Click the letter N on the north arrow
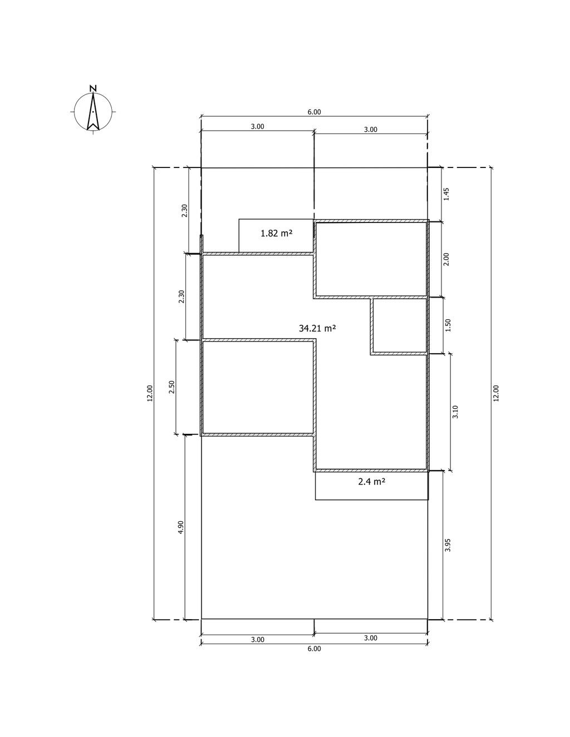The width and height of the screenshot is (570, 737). pos(93,88)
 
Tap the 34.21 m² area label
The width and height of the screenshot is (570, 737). pos(317,328)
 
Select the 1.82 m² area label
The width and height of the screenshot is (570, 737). pos(277,234)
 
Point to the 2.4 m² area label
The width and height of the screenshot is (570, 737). pos(371,482)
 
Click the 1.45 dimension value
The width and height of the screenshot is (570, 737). pos(447,194)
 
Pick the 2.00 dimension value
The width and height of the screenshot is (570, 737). pos(446,259)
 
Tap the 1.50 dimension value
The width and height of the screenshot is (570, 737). pos(448,325)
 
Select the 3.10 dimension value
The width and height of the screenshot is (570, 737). pos(455,412)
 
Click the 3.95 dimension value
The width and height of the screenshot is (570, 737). pos(448,545)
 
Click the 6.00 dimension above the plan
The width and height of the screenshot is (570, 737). pos(314,112)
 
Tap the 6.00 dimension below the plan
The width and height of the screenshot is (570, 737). pos(314,649)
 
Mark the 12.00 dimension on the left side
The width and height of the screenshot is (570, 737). pos(150,393)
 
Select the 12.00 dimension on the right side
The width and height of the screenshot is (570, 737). pos(496,393)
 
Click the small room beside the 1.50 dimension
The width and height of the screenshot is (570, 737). pos(400,326)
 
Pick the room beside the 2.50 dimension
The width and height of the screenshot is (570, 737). pos(258,387)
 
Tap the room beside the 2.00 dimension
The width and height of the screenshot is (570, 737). pos(371,259)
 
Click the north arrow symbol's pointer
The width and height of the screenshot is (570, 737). pos(93,112)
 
